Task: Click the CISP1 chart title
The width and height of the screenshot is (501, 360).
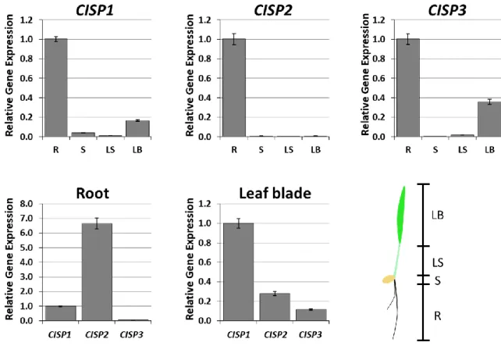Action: tap(94, 10)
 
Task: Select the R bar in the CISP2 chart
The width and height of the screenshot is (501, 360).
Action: tap(234, 88)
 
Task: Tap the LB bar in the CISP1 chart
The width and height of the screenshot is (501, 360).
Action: tap(137, 129)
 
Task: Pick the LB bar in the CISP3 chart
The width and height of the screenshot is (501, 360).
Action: tap(489, 119)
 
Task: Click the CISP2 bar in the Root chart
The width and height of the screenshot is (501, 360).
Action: tap(97, 272)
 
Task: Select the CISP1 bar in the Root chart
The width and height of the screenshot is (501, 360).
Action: tap(61, 313)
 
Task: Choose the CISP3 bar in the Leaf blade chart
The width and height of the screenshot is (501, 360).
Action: tap(311, 315)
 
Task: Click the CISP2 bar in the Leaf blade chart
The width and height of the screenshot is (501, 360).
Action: tap(275, 307)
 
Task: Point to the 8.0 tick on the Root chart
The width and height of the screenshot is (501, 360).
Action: tap(27, 204)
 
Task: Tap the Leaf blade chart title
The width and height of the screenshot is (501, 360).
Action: tap(275, 194)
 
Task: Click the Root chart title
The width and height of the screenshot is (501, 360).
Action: tap(93, 194)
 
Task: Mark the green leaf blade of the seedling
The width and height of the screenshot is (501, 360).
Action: tap(401, 214)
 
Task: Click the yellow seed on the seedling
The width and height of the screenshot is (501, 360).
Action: tap(389, 279)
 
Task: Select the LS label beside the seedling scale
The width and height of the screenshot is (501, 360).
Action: tap(438, 263)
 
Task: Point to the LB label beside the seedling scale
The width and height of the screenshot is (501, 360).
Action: tap(438, 216)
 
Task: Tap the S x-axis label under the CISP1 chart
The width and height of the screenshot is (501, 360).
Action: tap(83, 150)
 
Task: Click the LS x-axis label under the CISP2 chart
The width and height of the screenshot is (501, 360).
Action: tap(289, 150)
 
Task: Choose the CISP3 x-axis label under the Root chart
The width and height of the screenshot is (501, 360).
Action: tap(131, 335)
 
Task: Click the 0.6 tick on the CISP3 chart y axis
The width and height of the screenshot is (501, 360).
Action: tap(380, 78)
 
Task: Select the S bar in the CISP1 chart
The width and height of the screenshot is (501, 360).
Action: tap(83, 134)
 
